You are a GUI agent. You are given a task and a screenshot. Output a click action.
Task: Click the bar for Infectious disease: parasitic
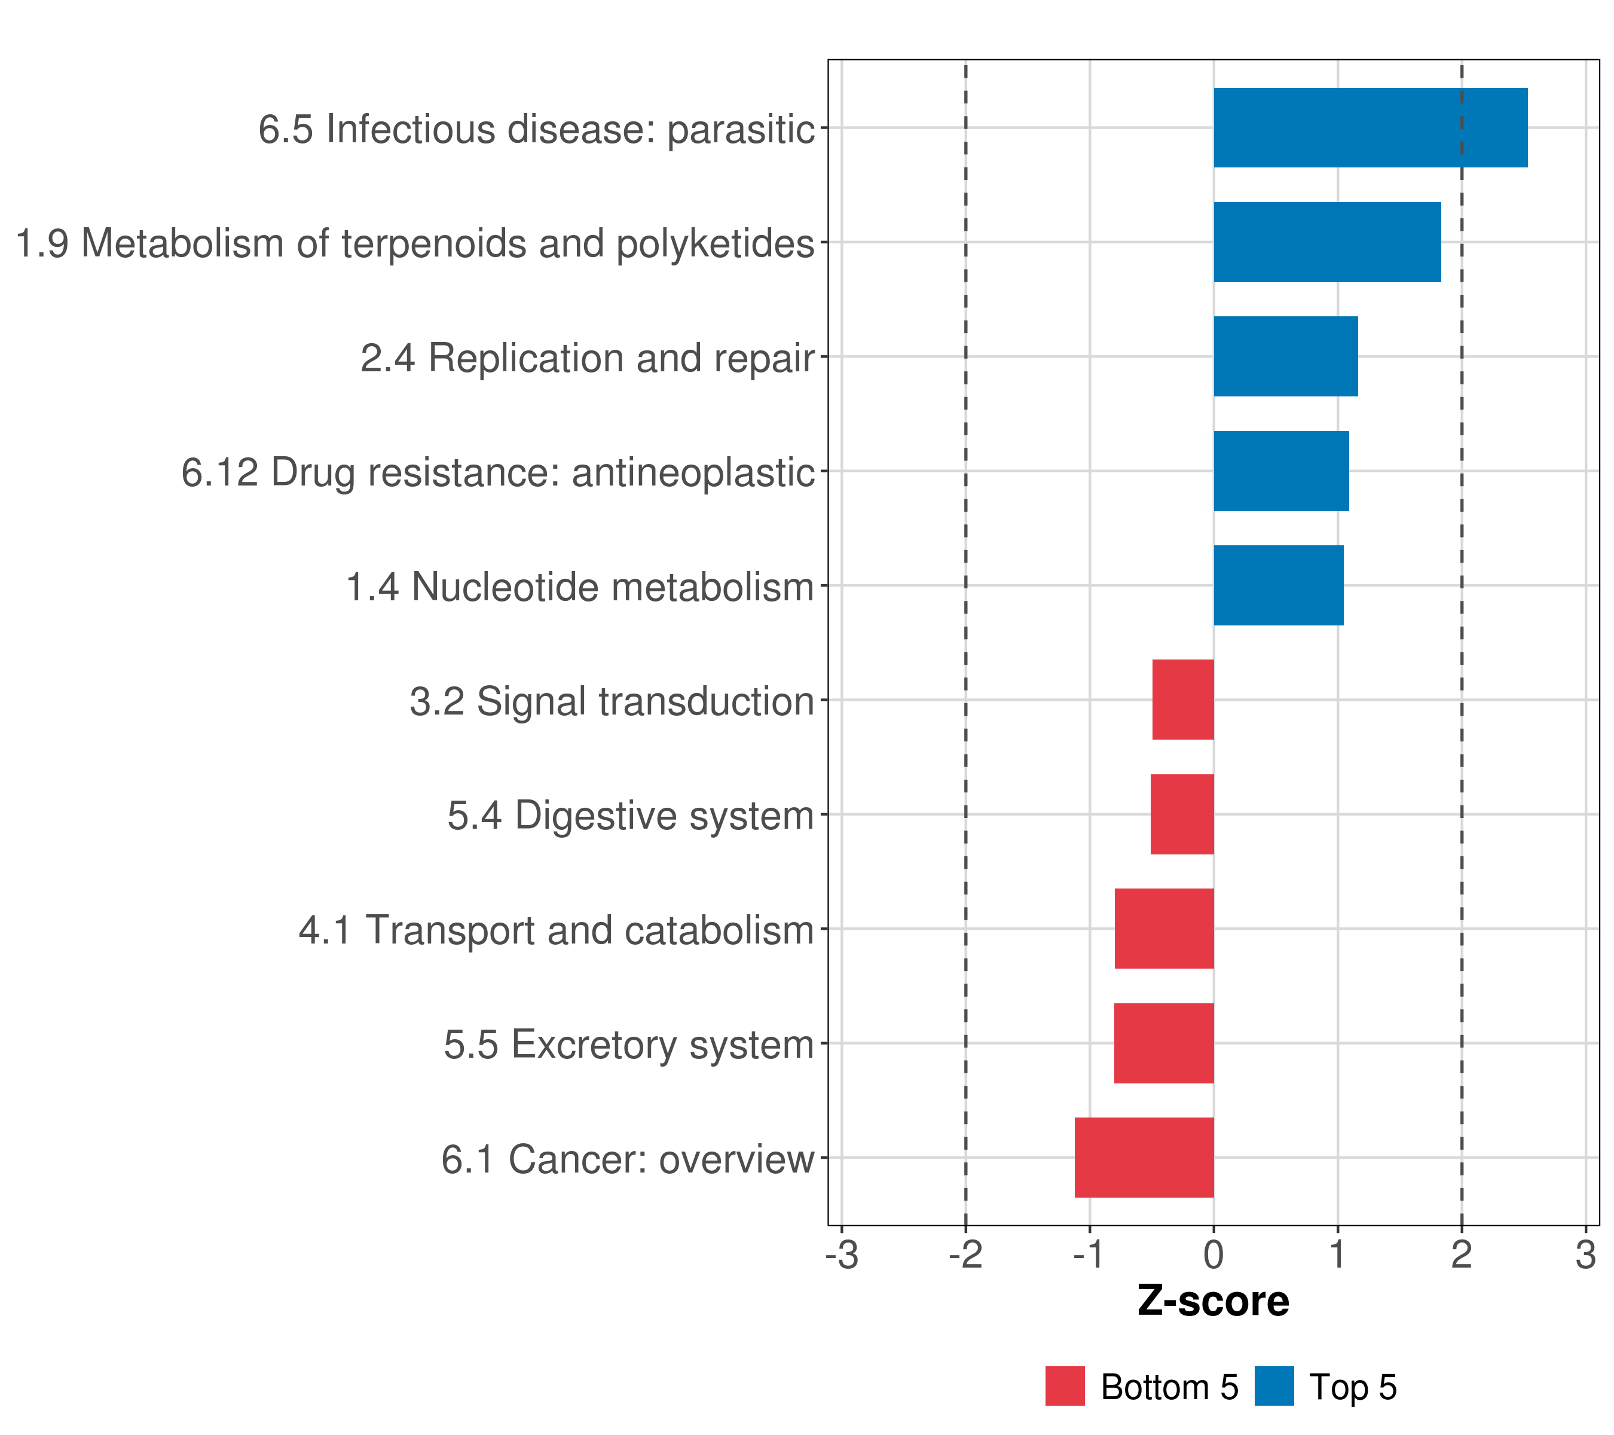pyautogui.click(x=1370, y=128)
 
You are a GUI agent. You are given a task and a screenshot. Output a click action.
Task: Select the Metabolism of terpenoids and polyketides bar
pyautogui.click(x=1326, y=243)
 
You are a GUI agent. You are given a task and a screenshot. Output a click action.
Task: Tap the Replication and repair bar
pyautogui.click(x=1285, y=356)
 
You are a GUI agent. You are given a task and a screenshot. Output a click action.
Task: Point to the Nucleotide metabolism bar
pyautogui.click(x=1279, y=585)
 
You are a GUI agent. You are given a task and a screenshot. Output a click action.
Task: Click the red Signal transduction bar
pyautogui.click(x=1183, y=700)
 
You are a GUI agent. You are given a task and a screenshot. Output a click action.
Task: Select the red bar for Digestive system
pyautogui.click(x=1182, y=814)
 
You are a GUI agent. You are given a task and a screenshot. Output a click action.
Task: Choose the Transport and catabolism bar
pyautogui.click(x=1164, y=929)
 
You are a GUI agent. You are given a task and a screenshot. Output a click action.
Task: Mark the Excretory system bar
pyautogui.click(x=1164, y=1043)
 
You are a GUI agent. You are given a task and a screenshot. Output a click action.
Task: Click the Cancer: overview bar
pyautogui.click(x=1144, y=1158)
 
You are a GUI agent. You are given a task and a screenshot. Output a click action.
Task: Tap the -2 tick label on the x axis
pyautogui.click(x=965, y=1255)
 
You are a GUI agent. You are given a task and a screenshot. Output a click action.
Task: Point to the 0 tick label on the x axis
pyautogui.click(x=1213, y=1255)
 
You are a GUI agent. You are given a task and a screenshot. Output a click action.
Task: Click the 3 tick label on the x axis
pyautogui.click(x=1585, y=1255)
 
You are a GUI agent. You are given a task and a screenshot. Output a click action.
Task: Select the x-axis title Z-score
pyautogui.click(x=1213, y=1302)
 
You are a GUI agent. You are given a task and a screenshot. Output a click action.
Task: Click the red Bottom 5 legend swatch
pyautogui.click(x=1065, y=1386)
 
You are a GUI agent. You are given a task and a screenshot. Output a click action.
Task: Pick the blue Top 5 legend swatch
pyautogui.click(x=1274, y=1386)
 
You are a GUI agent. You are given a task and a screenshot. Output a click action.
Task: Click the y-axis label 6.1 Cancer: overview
pyautogui.click(x=628, y=1160)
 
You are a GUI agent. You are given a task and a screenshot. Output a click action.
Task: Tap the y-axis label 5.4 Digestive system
pyautogui.click(x=630, y=816)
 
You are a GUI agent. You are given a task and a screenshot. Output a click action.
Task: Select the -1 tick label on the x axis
pyautogui.click(x=1089, y=1255)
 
